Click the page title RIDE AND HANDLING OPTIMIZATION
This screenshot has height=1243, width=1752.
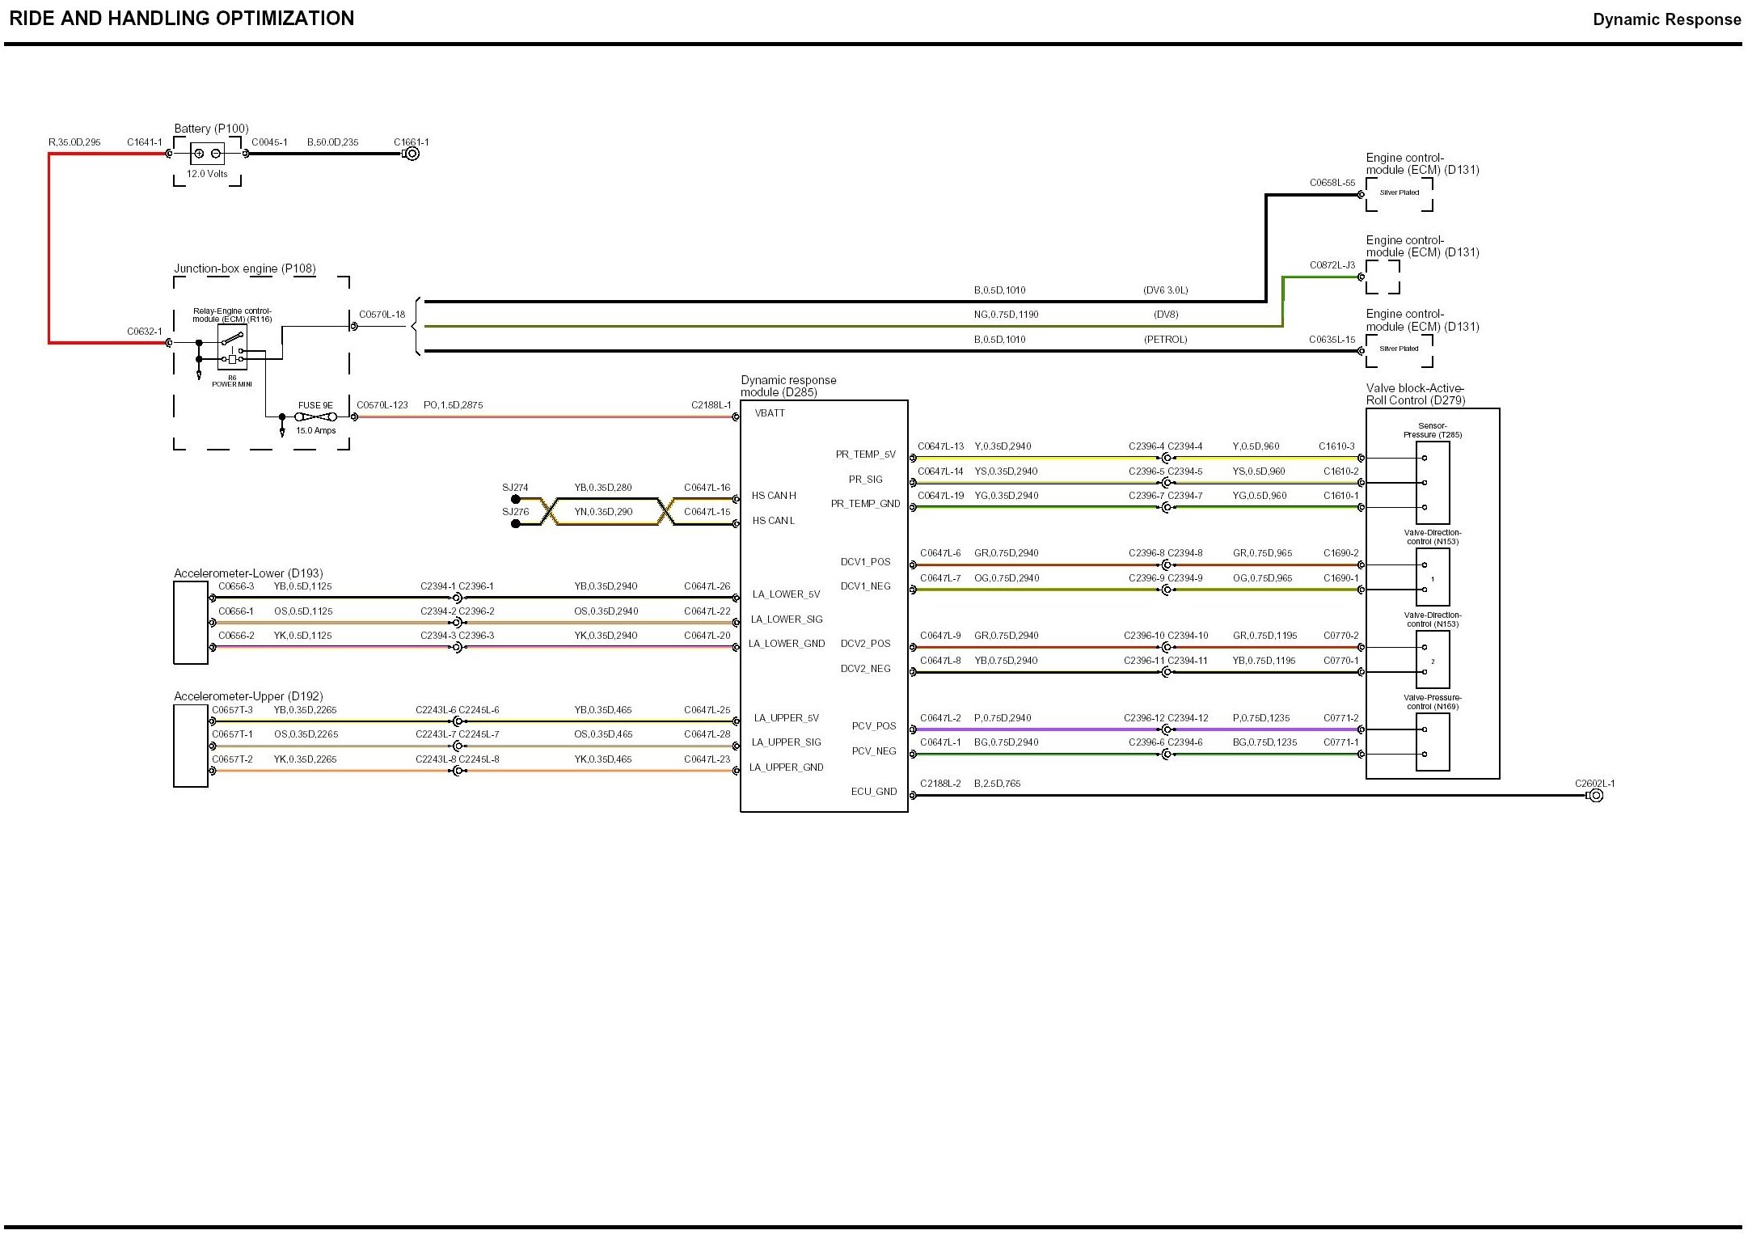[x=181, y=19]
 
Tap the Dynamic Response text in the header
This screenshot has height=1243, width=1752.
[x=1666, y=19]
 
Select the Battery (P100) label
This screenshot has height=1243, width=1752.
[x=211, y=129]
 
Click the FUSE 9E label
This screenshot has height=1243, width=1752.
[x=315, y=405]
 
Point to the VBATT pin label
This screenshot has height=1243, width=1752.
[x=769, y=413]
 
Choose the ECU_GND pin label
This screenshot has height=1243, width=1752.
[x=873, y=792]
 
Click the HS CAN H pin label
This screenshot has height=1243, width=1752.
[x=774, y=496]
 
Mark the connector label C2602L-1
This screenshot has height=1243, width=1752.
[x=1594, y=783]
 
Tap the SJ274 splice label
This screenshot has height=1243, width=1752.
[x=515, y=488]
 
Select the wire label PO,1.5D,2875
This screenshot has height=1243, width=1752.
[x=453, y=405]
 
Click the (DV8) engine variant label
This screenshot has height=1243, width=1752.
[x=1166, y=315]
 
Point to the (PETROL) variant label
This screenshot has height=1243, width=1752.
[x=1165, y=340]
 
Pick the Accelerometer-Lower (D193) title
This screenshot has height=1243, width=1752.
[x=248, y=573]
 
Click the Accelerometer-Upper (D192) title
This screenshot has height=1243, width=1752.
[x=248, y=696]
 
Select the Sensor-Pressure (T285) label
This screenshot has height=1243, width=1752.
[x=1432, y=430]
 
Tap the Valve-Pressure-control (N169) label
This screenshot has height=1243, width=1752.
[x=1432, y=702]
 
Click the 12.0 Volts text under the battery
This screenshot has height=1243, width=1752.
[x=207, y=174]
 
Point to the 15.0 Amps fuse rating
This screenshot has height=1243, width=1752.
[x=315, y=430]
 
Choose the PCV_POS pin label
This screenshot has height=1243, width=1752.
[x=873, y=726]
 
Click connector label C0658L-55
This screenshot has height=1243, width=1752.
[x=1332, y=183]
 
